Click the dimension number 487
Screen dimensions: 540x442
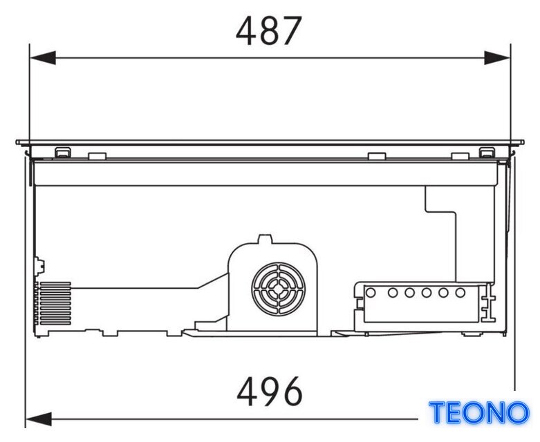(269, 31)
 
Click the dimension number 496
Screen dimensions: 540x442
(270, 391)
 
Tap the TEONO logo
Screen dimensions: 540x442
(479, 412)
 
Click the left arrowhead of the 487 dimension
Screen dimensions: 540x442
(43, 58)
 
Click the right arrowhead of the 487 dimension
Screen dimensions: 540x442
(497, 58)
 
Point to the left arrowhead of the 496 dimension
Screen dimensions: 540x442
(39, 419)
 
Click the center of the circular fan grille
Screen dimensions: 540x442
(277, 289)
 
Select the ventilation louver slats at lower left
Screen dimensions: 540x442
(55, 303)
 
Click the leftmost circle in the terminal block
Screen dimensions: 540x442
(371, 293)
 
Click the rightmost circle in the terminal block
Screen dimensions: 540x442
(460, 293)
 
